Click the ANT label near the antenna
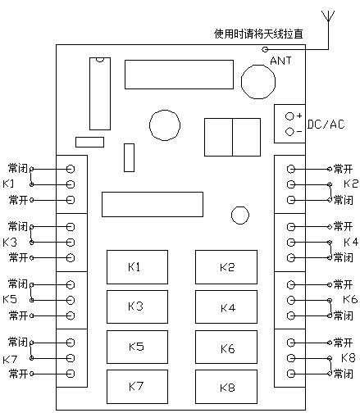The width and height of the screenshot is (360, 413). point(280,61)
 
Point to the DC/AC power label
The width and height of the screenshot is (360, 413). point(326,125)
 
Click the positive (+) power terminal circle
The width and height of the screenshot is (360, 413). point(289,116)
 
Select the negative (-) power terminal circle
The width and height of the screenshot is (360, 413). point(289,132)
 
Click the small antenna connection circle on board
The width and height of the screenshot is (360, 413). point(265,49)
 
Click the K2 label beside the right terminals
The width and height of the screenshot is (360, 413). point(351,184)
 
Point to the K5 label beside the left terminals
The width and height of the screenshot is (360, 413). point(10,299)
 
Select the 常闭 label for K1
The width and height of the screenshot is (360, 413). point(18,168)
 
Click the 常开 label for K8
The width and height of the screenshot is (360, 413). point(344,343)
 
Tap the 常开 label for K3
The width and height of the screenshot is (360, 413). point(18,257)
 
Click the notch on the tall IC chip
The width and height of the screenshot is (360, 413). point(100,60)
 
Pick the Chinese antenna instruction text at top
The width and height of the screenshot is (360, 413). point(258,34)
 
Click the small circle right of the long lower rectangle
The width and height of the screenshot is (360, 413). point(240,216)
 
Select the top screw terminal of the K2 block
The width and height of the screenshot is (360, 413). point(291,169)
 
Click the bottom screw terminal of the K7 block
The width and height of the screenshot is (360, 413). point(71,374)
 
